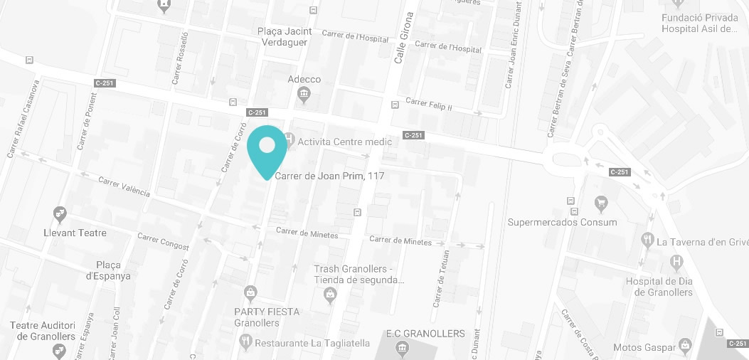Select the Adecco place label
point(304,80)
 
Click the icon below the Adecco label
point(304,94)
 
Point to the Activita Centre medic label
point(344,142)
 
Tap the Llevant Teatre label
point(75,233)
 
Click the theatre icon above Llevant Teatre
point(60,213)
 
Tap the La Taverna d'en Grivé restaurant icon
point(647,240)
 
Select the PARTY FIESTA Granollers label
point(267,317)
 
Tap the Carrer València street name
point(124,186)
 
